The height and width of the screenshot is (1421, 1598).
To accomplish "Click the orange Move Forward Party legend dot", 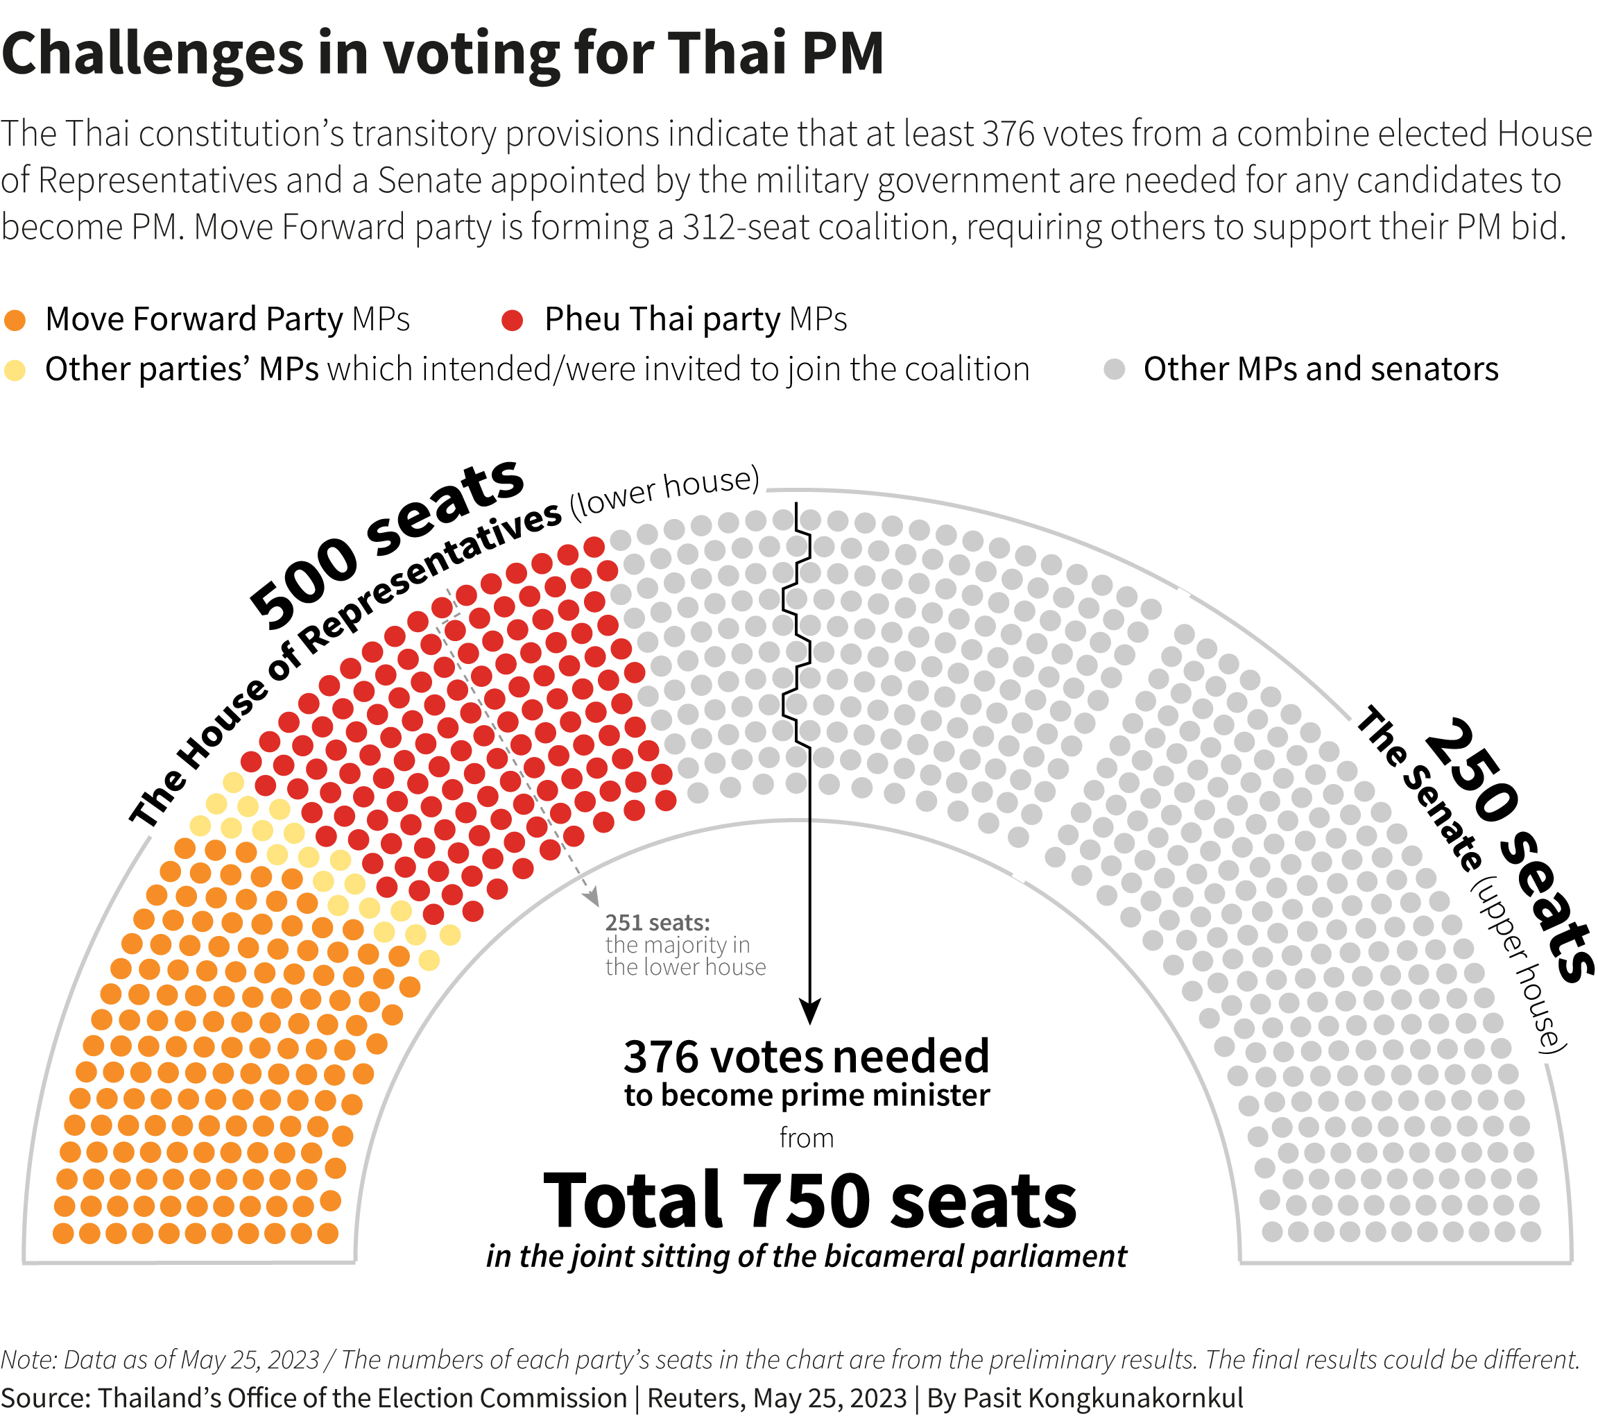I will tap(15, 320).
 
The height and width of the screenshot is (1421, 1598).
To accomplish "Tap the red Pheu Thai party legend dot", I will tap(512, 320).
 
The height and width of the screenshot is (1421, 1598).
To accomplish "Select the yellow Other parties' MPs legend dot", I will tap(15, 370).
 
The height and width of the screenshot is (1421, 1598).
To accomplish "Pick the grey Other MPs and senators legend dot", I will tap(1114, 370).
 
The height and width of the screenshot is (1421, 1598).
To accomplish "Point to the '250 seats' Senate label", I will tap(1505, 849).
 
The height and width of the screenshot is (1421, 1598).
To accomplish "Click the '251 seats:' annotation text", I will tap(658, 923).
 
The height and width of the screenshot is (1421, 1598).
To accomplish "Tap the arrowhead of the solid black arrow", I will tap(810, 1013).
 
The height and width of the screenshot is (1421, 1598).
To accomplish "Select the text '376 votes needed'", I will tap(806, 1057).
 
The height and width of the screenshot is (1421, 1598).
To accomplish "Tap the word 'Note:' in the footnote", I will tap(29, 1360).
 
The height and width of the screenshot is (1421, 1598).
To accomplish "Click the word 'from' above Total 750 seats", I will tap(806, 1138).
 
